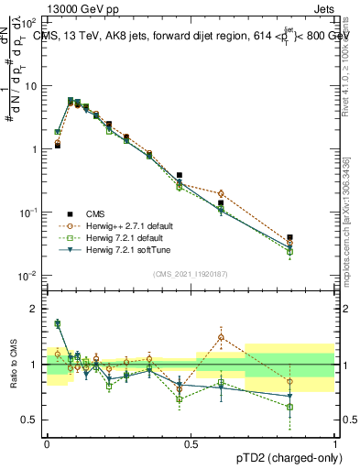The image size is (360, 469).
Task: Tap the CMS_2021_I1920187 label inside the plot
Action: click(191, 273)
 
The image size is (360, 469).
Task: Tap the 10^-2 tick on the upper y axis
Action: click(27, 276)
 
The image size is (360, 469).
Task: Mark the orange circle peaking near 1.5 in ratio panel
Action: click(221, 337)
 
